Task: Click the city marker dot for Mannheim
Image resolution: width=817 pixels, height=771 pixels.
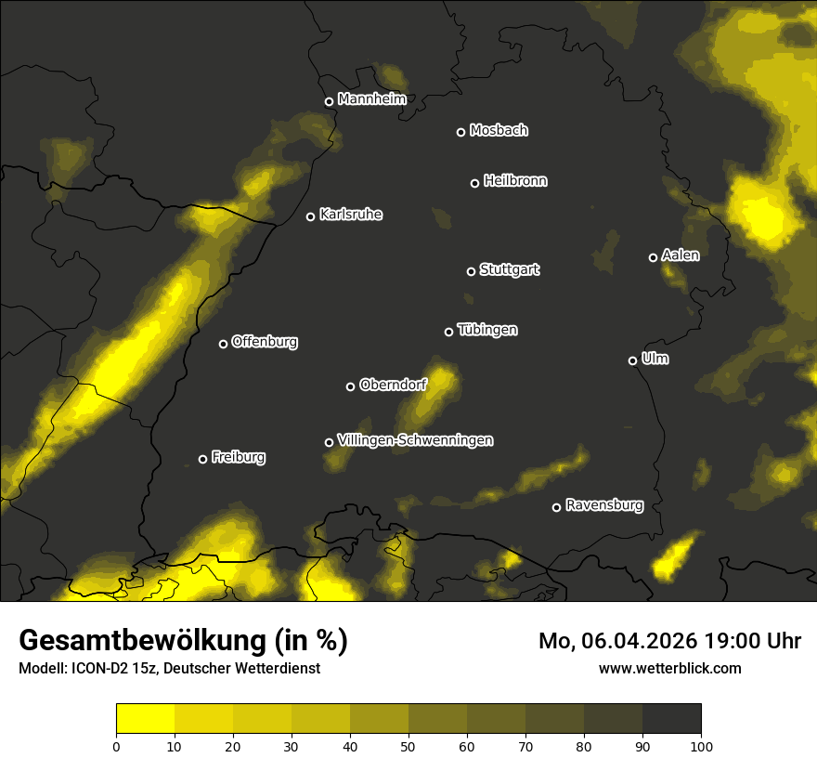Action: coord(329,102)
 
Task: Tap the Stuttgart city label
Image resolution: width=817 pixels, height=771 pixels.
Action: coord(509,270)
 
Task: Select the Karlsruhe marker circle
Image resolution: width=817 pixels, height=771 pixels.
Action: coord(310,217)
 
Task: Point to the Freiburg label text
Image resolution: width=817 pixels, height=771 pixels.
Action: coord(238,457)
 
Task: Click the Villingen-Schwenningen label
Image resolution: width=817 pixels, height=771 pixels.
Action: coord(415,440)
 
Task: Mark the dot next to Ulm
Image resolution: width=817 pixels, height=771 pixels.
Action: coord(632,360)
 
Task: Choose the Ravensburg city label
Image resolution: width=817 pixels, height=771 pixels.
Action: coord(603,506)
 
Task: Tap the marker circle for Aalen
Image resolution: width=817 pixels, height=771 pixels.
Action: coord(653,257)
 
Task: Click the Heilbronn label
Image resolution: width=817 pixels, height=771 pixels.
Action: coord(515,181)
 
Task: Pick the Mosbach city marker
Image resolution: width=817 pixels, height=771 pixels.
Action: coord(460,132)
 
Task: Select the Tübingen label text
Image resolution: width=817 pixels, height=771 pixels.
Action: coord(487,330)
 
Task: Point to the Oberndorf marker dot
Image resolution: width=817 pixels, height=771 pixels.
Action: coord(350,386)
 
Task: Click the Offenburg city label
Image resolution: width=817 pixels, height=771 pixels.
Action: coord(265,342)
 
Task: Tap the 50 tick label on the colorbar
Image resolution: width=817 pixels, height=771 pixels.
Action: coord(408,746)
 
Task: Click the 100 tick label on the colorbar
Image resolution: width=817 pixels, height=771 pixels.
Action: coord(701,746)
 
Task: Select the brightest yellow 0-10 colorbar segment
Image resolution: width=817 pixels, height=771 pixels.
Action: coord(145,719)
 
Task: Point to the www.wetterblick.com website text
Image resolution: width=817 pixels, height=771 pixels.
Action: coord(669,668)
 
